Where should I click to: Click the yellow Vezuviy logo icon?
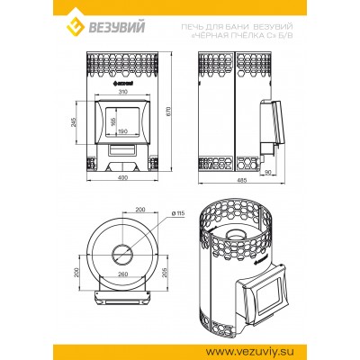click(x=76, y=27)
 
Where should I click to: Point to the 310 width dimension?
click(x=123, y=92)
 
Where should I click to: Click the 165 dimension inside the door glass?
click(x=113, y=121)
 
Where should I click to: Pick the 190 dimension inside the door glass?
click(x=123, y=131)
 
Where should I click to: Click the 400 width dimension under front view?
click(x=123, y=177)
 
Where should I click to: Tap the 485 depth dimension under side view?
click(x=242, y=180)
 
